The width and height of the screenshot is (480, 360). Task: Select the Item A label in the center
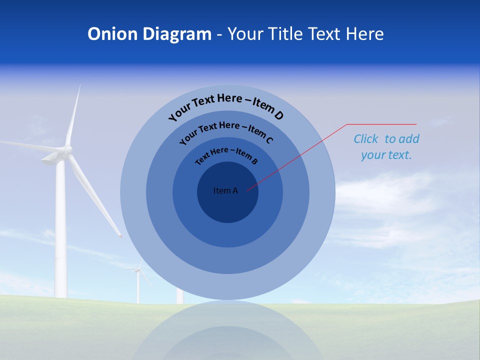point(225,190)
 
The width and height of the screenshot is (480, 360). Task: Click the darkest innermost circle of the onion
point(227,205)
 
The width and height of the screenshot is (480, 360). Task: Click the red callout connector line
point(300,155)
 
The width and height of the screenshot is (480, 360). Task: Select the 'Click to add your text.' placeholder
point(386,146)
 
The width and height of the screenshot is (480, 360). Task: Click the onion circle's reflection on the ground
point(227,332)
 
